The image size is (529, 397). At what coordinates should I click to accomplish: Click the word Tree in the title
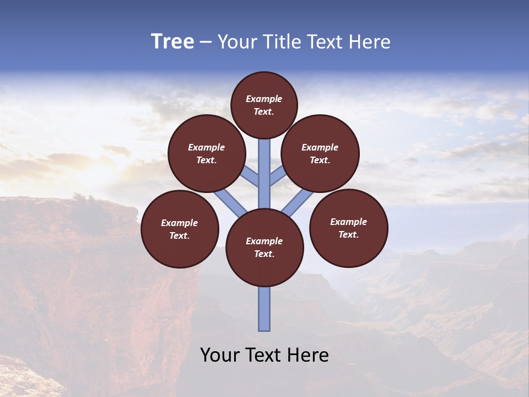click(172, 42)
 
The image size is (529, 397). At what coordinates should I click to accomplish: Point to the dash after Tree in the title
click(206, 42)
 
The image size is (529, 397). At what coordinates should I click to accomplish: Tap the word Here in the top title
click(370, 42)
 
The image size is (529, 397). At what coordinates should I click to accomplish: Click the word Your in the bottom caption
click(219, 355)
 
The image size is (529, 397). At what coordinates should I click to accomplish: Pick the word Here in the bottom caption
click(308, 355)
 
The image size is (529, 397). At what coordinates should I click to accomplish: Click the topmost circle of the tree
click(264, 105)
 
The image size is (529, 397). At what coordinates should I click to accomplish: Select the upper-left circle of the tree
click(207, 153)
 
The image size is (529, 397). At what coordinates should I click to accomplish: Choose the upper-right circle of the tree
click(320, 153)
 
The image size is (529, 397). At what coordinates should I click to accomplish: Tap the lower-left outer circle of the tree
click(180, 229)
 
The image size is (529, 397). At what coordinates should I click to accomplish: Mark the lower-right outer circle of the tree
click(349, 228)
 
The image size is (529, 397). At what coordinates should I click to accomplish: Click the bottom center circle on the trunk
click(264, 248)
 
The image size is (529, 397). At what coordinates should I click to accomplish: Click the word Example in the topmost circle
click(264, 99)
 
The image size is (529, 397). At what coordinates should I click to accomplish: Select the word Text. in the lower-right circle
click(348, 234)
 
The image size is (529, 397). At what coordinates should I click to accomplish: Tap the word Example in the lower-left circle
click(179, 223)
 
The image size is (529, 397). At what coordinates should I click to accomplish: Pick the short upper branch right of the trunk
click(278, 176)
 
